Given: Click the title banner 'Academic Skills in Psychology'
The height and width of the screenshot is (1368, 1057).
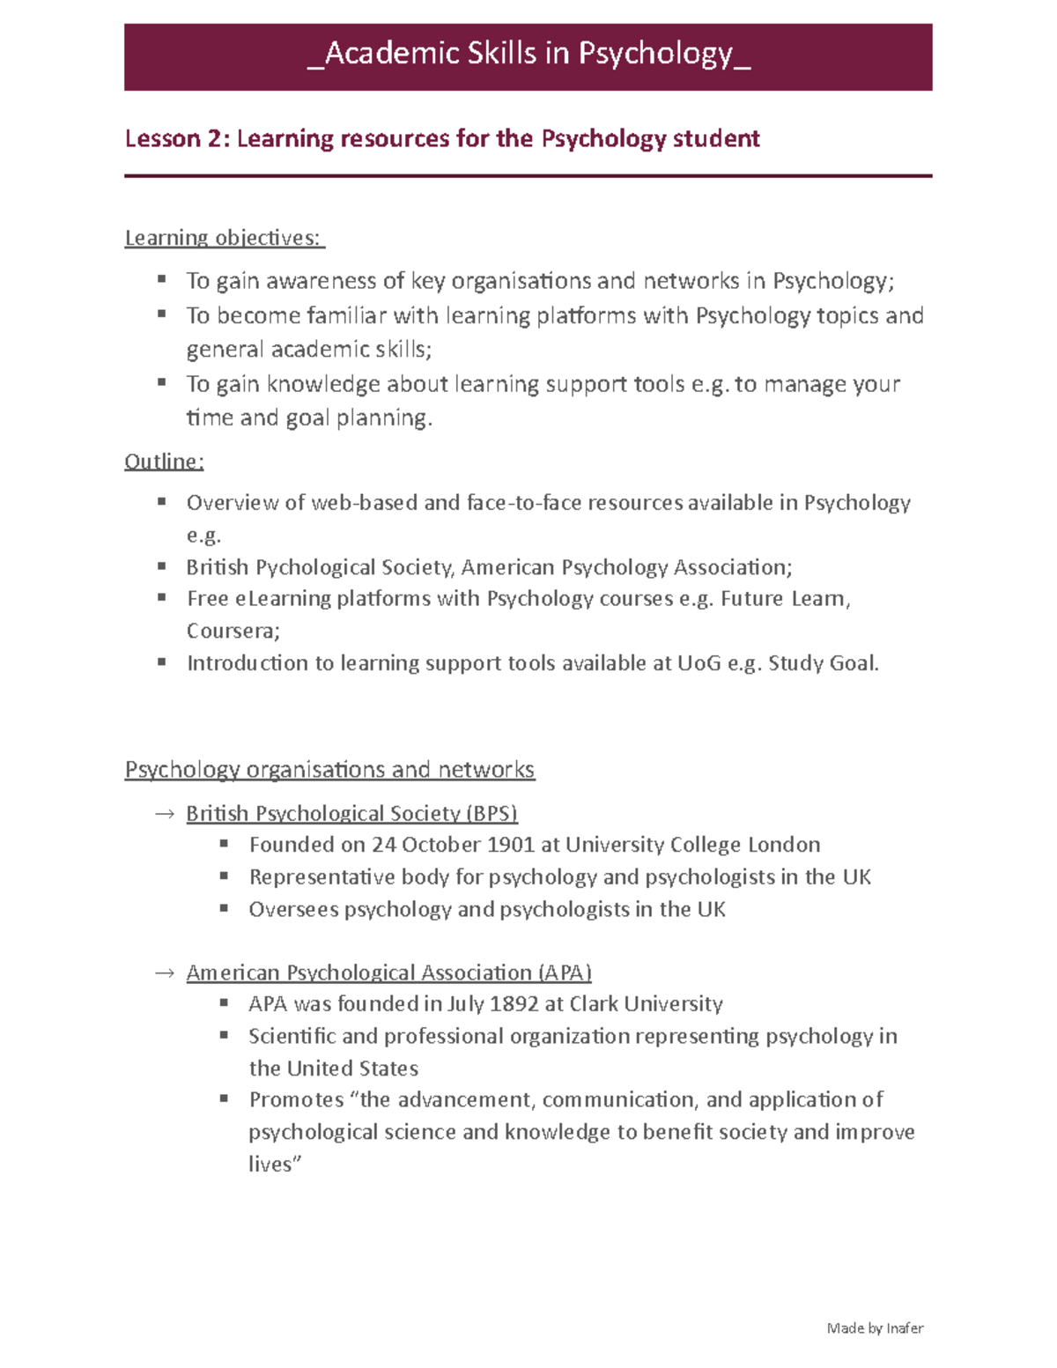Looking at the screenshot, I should click(x=528, y=55).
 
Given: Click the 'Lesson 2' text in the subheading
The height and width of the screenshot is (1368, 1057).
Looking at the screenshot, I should click(x=176, y=139).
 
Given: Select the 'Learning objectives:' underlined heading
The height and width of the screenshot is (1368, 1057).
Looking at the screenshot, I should click(x=224, y=238).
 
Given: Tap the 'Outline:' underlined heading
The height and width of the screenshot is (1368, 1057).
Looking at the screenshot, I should click(x=164, y=462).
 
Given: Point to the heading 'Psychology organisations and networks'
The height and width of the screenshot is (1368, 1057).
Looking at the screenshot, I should click(x=329, y=770).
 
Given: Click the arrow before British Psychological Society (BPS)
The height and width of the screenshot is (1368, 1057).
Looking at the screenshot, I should click(x=165, y=815).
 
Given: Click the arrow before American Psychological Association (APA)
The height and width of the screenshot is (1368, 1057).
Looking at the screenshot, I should click(x=165, y=973).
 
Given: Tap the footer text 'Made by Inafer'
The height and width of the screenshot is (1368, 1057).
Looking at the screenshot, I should click(x=875, y=1328).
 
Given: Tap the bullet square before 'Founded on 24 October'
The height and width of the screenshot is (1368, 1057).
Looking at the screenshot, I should click(x=225, y=844).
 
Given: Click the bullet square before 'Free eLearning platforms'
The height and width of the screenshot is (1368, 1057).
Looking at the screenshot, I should click(x=162, y=597).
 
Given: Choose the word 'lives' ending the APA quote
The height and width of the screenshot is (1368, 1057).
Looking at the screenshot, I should click(x=270, y=1165).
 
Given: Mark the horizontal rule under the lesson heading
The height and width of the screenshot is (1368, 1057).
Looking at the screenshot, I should click(x=528, y=176).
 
